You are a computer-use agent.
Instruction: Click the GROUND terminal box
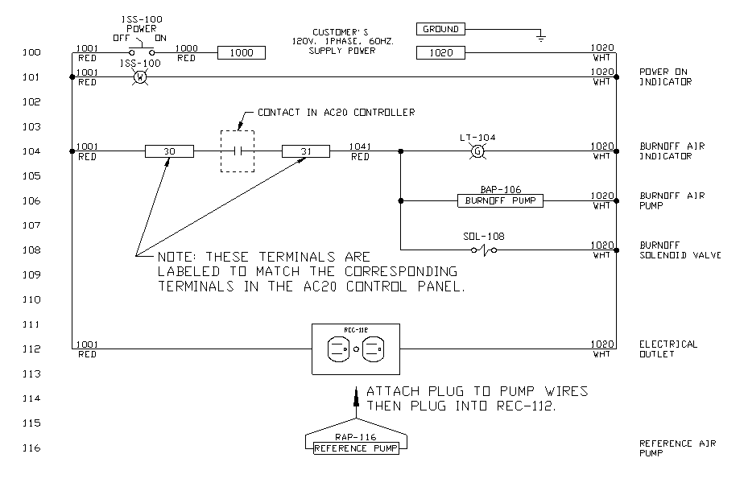(440, 29)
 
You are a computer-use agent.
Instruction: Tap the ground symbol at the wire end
(542, 36)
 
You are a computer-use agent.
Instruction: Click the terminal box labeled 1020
(440, 53)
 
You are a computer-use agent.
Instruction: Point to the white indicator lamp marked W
(138, 77)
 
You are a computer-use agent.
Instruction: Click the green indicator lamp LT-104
(477, 151)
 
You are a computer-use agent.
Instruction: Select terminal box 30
(170, 151)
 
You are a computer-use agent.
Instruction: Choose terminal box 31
(306, 151)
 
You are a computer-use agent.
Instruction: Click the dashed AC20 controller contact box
(238, 151)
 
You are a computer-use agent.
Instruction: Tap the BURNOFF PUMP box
(499, 200)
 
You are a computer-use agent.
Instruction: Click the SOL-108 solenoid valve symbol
(484, 250)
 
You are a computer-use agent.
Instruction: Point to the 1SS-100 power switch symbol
(138, 52)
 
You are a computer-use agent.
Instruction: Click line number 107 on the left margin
(32, 225)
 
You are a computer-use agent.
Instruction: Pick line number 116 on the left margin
(32, 448)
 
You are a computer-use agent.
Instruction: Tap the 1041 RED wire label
(359, 151)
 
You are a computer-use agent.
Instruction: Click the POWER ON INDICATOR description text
(665, 76)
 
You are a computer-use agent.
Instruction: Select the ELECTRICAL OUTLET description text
(668, 349)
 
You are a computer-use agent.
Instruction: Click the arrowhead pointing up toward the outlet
(357, 394)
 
